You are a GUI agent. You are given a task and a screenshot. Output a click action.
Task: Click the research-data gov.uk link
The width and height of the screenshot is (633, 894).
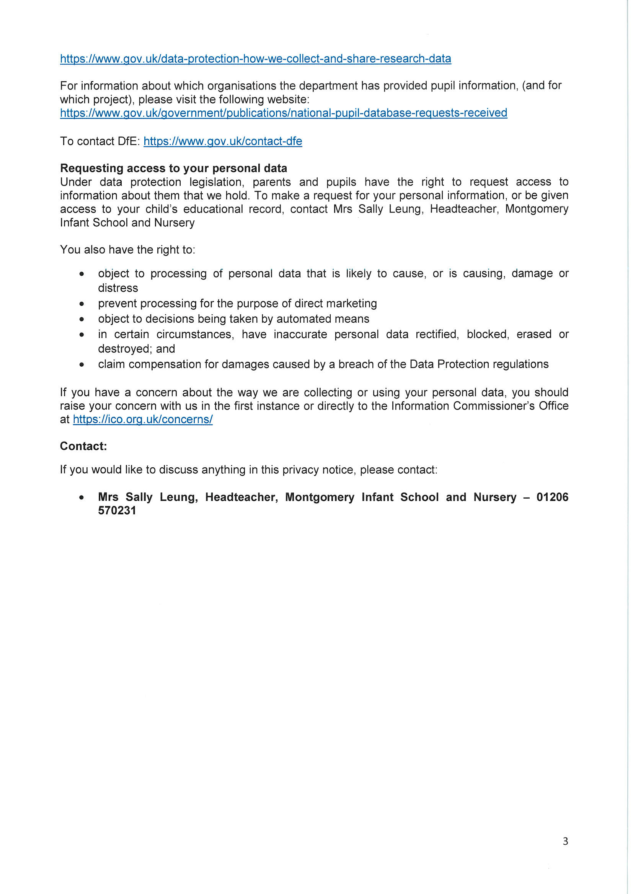[255, 59]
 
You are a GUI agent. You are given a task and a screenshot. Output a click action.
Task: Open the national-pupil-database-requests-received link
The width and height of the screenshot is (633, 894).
[283, 113]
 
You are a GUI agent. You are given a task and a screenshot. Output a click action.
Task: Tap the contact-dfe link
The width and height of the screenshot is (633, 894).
[223, 141]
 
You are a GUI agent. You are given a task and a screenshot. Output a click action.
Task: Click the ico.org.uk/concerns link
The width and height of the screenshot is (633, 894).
[143, 419]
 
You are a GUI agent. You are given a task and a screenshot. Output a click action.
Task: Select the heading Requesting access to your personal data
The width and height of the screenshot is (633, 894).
[173, 168]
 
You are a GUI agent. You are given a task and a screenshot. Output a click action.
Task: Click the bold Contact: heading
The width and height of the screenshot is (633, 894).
[83, 446]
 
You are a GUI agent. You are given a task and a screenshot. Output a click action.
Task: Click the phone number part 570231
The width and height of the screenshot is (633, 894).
[117, 510]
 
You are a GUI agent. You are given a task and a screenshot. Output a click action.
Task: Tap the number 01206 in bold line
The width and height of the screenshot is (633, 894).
[552, 497]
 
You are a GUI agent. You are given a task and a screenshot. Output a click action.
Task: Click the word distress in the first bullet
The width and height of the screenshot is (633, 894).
[118, 288]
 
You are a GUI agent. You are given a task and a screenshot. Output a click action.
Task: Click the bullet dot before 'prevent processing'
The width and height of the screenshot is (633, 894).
[82, 304]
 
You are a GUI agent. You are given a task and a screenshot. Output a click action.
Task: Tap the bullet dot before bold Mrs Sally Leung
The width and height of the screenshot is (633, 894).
[82, 497]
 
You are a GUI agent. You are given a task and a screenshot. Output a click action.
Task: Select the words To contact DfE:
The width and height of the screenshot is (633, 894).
[100, 141]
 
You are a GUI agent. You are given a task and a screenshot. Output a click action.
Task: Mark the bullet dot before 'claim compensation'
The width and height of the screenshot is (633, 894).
[82, 365]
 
